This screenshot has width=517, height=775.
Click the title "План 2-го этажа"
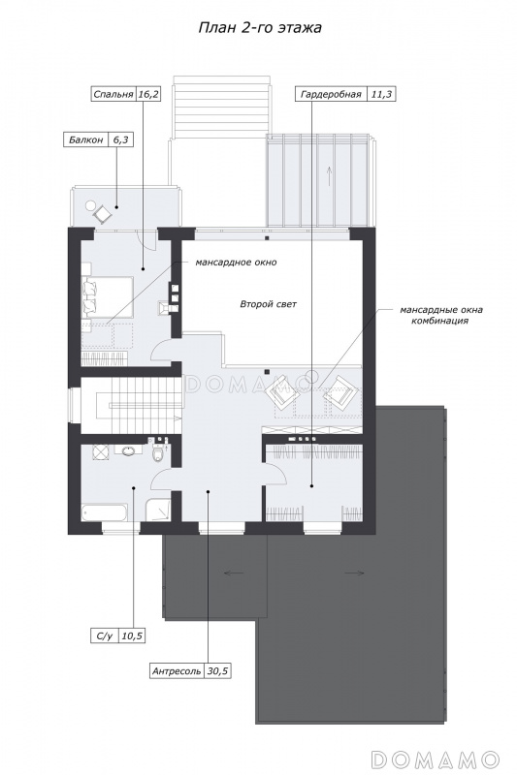click(x=260, y=28)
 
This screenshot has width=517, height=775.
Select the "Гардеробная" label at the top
click(x=331, y=94)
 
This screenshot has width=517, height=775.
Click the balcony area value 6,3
click(x=120, y=140)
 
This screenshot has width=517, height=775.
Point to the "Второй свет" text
click(x=268, y=304)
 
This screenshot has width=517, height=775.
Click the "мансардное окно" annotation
click(x=236, y=262)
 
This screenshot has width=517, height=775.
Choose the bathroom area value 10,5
click(x=132, y=636)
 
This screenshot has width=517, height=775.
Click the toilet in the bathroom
click(x=158, y=452)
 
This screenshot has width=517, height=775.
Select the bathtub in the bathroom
click(x=105, y=512)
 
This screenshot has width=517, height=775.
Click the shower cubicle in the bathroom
click(x=158, y=511)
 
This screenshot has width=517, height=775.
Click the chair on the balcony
click(x=103, y=213)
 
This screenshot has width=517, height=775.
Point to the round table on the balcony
click(x=90, y=203)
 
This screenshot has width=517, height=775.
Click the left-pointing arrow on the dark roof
click(x=234, y=573)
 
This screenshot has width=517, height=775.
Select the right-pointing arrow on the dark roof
click(x=355, y=573)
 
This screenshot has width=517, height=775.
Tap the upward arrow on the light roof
click(x=329, y=176)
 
